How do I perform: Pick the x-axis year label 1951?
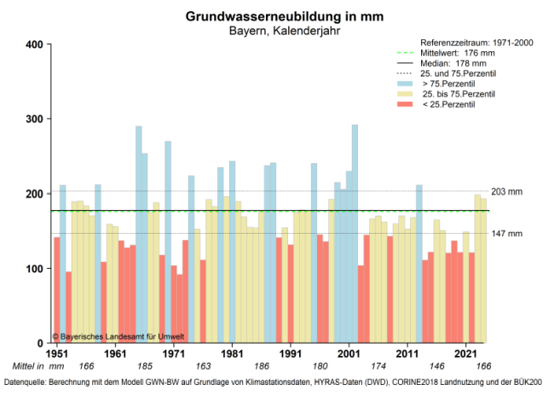57,352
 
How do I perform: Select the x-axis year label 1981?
232,352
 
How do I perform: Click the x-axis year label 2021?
466,352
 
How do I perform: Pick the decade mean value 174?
378,365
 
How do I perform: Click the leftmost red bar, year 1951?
57,290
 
